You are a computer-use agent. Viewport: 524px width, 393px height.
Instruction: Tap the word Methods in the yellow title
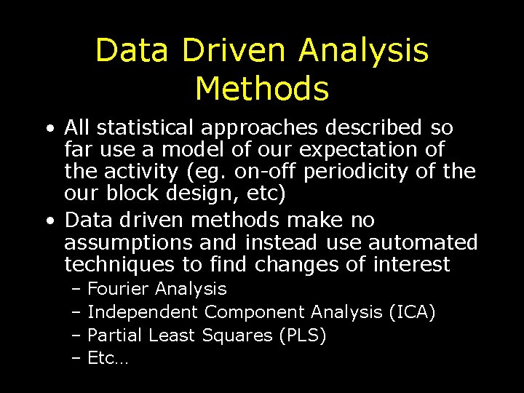click(262, 88)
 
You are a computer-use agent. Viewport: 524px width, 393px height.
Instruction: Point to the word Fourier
click(118, 290)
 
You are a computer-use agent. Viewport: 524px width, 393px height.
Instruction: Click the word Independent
click(142, 313)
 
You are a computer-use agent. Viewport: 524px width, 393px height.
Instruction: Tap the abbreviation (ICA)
click(412, 313)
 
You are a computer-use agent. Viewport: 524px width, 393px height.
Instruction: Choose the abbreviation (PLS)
click(302, 336)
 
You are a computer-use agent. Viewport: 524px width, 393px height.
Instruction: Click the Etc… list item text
click(107, 358)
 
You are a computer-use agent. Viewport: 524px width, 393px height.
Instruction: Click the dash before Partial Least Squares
click(77, 336)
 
